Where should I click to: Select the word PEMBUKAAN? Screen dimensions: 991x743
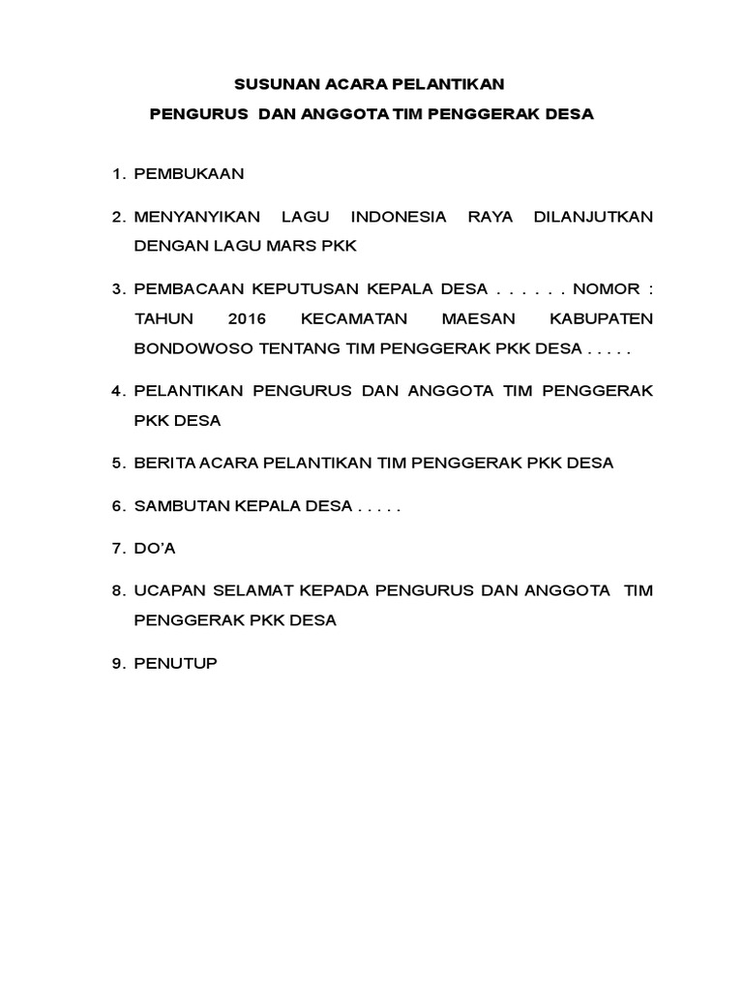click(189, 174)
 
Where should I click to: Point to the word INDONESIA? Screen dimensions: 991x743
click(399, 217)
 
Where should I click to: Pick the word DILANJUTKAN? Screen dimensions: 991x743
click(593, 217)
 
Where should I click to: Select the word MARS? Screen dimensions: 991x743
click(302, 246)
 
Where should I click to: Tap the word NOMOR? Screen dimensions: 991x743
click(605, 289)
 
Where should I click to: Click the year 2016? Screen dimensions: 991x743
click(248, 318)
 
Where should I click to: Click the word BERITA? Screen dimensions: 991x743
click(163, 463)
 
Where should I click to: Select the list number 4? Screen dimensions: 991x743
click(117, 391)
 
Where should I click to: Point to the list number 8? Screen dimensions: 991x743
click(117, 590)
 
